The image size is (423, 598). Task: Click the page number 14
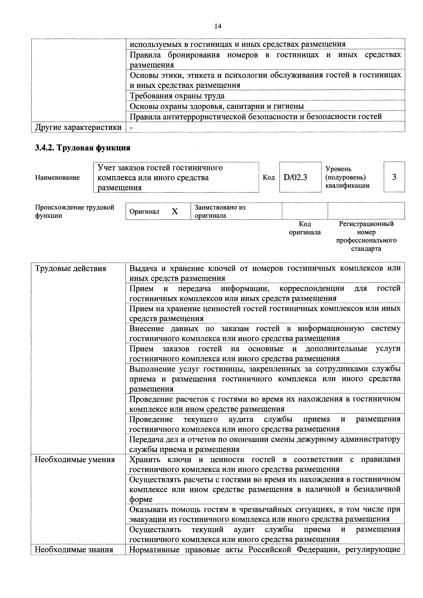pos(217,26)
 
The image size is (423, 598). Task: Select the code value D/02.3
pos(295,177)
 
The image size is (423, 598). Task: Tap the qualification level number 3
pos(394,177)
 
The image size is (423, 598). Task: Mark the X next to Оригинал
pos(175,211)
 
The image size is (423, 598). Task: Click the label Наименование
pos(57,178)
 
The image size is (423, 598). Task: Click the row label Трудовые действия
pos(71,269)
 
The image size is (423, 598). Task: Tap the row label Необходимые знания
pos(74,550)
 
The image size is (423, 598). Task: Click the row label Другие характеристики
pos(78,127)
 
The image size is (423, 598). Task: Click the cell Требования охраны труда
pos(177,96)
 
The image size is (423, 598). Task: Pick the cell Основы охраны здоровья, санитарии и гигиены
pos(217,106)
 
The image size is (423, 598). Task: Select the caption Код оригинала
pos(305,228)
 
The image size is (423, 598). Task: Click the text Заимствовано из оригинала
pos(220,211)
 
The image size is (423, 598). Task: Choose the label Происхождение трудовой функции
pos(75,211)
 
